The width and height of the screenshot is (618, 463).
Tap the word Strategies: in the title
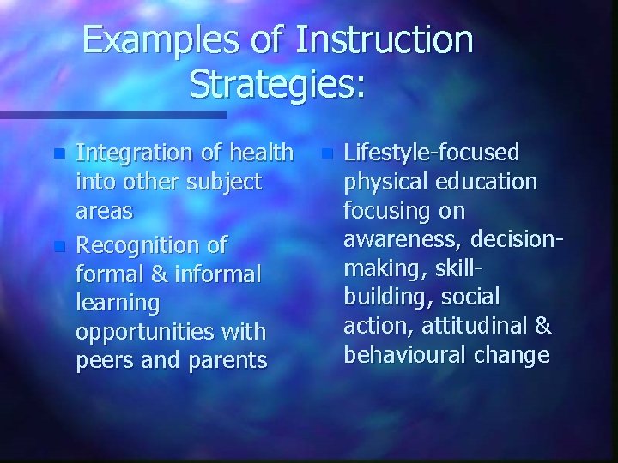277,83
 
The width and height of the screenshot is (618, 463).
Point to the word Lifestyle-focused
431,153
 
